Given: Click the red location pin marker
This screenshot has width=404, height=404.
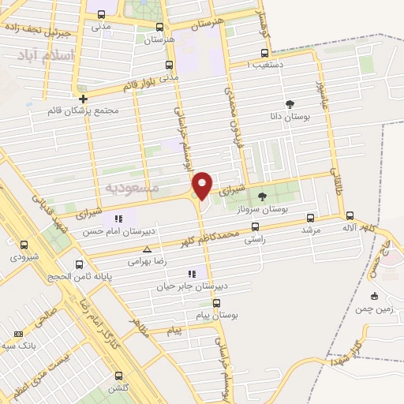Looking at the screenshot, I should [x=203, y=185].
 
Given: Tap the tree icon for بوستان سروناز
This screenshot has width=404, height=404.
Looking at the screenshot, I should [x=263, y=197].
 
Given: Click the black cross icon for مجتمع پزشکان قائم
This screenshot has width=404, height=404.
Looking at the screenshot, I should [x=82, y=99].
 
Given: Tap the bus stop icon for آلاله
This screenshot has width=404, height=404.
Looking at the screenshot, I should [x=349, y=216].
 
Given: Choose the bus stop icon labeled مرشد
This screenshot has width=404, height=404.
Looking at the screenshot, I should [x=310, y=218].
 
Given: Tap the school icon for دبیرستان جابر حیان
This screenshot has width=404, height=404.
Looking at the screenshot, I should [x=192, y=273].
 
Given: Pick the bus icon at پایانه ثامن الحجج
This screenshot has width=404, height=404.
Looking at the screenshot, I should [x=78, y=264].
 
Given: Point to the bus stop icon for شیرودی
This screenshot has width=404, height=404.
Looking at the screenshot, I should [x=24, y=245].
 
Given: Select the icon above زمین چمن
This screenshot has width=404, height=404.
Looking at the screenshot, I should [x=374, y=296].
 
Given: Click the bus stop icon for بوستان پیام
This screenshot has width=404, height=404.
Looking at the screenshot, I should [x=216, y=303].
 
